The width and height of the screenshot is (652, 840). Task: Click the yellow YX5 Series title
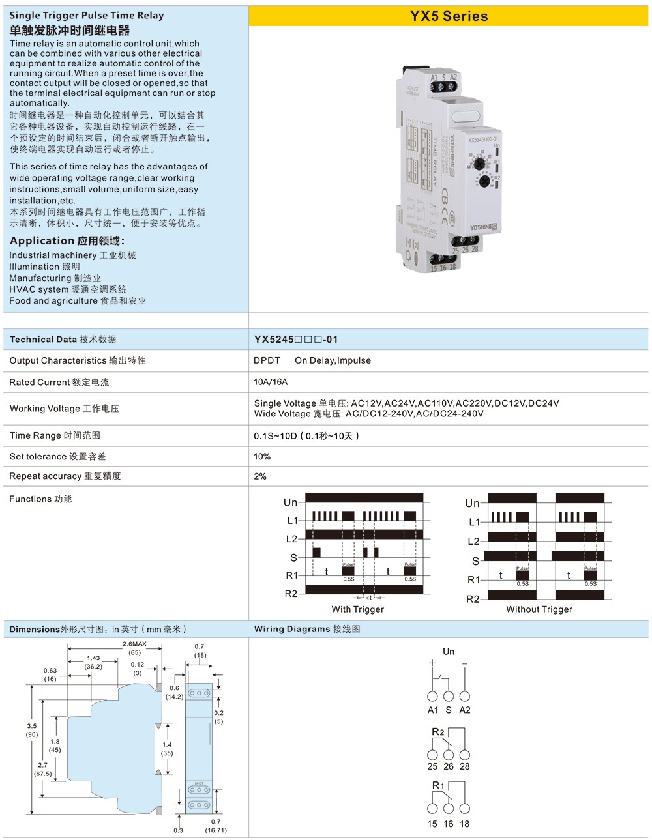pyautogui.click(x=449, y=16)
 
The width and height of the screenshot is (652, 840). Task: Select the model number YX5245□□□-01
pyautogui.click(x=296, y=340)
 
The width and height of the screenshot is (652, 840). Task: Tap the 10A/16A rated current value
pyautogui.click(x=271, y=382)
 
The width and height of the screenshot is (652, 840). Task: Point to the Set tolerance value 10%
pyautogui.click(x=262, y=456)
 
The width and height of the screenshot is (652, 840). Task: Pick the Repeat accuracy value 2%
pyautogui.click(x=260, y=476)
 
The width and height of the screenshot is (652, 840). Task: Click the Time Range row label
pyautogui.click(x=55, y=435)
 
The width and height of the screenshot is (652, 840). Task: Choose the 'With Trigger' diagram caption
pyautogui.click(x=357, y=609)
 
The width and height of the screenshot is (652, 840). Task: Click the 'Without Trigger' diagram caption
pyautogui.click(x=539, y=609)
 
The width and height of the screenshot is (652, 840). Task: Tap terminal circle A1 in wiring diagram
pyautogui.click(x=432, y=696)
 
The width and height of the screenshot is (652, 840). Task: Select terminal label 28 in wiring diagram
pyautogui.click(x=465, y=766)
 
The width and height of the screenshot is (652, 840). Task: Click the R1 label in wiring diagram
pyautogui.click(x=438, y=785)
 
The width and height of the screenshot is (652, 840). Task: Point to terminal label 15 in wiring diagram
pyautogui.click(x=432, y=824)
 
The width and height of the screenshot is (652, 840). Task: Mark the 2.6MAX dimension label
pyautogui.click(x=135, y=644)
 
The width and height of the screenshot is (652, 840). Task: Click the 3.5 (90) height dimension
pyautogui.click(x=32, y=730)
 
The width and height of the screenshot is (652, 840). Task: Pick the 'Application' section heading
pyautogui.click(x=67, y=240)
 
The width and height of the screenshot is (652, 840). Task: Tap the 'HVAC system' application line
pyautogui.click(x=68, y=289)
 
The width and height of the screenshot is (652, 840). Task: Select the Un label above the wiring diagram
pyautogui.click(x=449, y=652)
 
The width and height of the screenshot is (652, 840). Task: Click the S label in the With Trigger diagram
pyautogui.click(x=293, y=558)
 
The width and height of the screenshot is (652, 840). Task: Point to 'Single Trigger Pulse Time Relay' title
pyautogui.click(x=87, y=15)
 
